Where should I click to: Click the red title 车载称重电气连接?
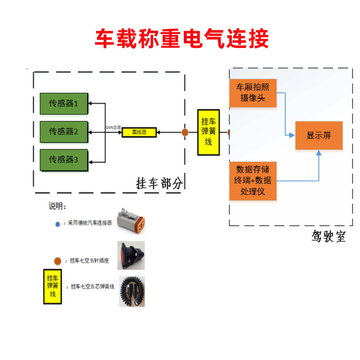tap(181, 39)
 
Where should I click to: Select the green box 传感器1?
tap(64, 104)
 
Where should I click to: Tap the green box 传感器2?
tap(64, 132)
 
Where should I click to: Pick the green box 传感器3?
tap(64, 160)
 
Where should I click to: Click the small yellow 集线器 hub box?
tap(140, 132)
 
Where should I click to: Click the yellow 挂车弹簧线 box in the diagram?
tap(208, 132)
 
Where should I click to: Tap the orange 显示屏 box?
tap(319, 135)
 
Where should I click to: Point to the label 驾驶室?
tap(328, 237)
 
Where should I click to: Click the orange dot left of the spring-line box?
tap(185, 132)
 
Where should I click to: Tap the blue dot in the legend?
tap(58, 224)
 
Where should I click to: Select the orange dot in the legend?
tap(57, 261)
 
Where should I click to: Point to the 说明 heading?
tap(57, 206)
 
